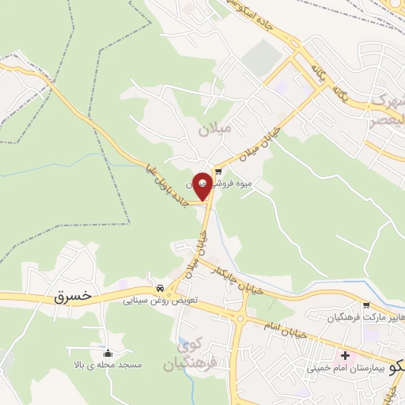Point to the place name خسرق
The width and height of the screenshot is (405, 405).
pyautogui.click(x=74, y=296)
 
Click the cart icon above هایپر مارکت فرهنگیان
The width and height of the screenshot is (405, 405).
pyautogui.click(x=365, y=305)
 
